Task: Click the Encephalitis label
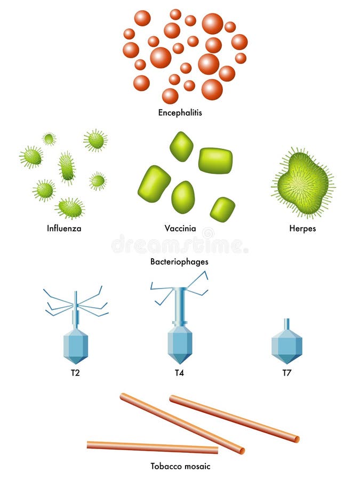tap(180, 113)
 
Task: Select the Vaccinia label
tap(180, 229)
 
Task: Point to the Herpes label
tap(303, 229)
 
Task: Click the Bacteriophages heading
tap(179, 262)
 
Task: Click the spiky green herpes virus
tap(303, 183)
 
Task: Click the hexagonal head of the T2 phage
tap(75, 345)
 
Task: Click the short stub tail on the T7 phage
tap(287, 324)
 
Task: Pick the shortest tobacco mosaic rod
tap(152, 447)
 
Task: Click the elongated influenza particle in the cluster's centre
tap(67, 167)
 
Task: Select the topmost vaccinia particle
tap(181, 147)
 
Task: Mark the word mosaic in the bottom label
tap(197, 466)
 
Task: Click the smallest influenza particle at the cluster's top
tap(49, 139)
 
